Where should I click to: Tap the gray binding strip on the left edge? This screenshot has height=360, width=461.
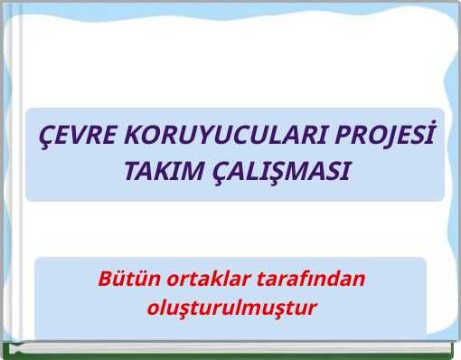(x=4, y=181)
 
